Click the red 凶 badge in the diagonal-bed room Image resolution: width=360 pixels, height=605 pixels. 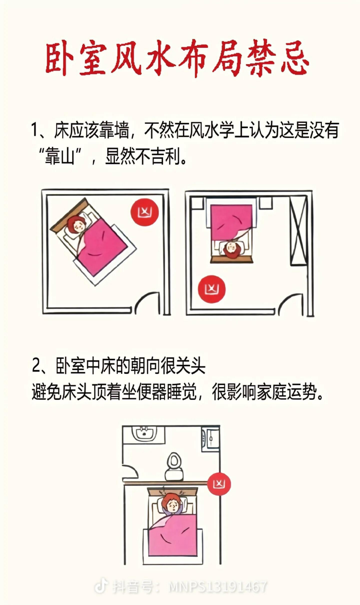pyautogui.click(x=144, y=211)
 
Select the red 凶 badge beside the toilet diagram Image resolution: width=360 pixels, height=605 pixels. pyautogui.click(x=219, y=484)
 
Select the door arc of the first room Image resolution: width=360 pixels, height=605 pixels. pyautogui.click(x=150, y=302)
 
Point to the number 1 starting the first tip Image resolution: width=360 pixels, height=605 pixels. pyautogui.click(x=34, y=130)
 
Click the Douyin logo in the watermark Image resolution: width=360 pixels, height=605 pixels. pyautogui.click(x=101, y=587)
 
